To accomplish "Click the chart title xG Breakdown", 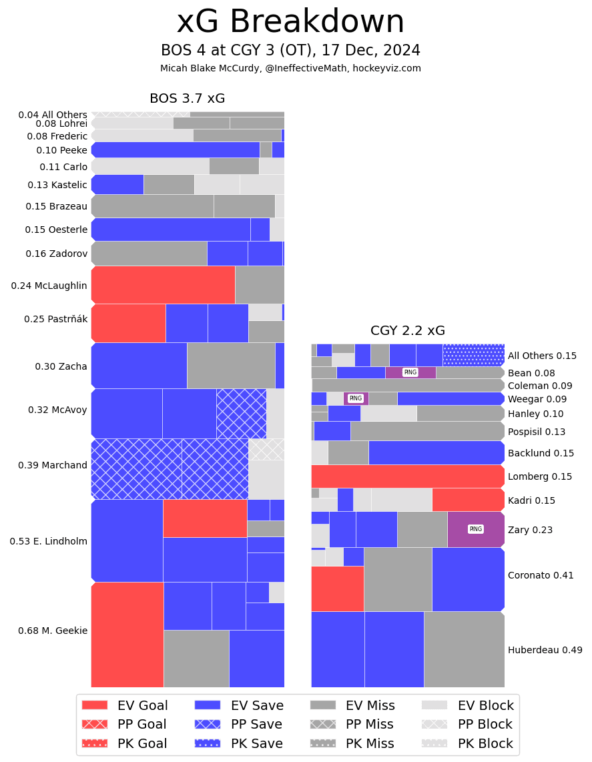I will [290, 23].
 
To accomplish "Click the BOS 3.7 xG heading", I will [187, 99].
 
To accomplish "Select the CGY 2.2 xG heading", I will [408, 331].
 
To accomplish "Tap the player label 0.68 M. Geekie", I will [53, 631].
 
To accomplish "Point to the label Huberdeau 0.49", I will [545, 650].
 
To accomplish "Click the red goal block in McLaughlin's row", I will [163, 285].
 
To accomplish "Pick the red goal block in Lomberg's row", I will [407, 476].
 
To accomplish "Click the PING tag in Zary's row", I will [475, 529].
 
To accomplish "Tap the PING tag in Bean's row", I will [410, 372].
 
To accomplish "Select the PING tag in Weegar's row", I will [356, 398].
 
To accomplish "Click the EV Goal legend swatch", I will [94, 705].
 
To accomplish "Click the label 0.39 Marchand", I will [53, 465].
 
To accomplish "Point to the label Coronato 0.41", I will [541, 575].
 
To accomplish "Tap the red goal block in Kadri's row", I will [468, 500].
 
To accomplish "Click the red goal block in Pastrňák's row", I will [128, 323].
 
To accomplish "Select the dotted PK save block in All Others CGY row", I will [473, 355].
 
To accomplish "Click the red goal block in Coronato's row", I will [337, 589].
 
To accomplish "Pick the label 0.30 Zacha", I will [61, 366].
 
